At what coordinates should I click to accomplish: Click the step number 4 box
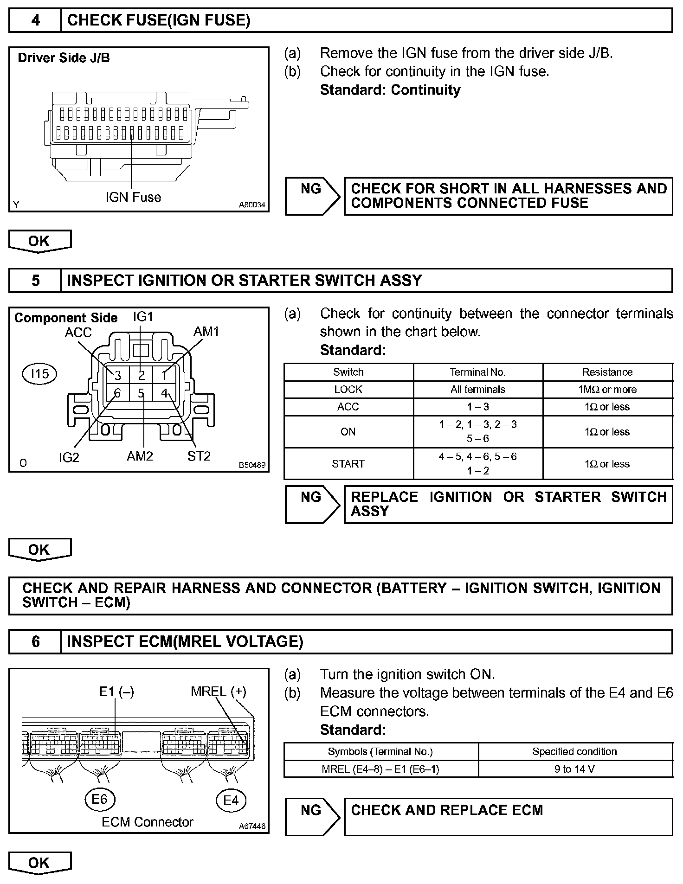pos(35,20)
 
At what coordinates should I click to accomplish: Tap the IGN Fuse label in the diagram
pos(133,197)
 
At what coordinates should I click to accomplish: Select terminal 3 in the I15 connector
pos(118,375)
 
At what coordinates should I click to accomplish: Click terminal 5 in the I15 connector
pos(141,394)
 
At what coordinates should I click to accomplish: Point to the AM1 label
pos(206,332)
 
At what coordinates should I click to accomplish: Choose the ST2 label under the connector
pos(199,456)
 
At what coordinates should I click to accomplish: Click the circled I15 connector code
pos(39,373)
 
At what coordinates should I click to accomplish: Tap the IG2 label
pos(69,458)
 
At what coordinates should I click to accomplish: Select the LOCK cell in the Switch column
pos(348,390)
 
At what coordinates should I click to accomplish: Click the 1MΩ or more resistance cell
pos(607,390)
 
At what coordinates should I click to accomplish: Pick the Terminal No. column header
pos(477,372)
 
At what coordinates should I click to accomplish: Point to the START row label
pos(348,464)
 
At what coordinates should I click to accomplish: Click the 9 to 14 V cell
pos(574,769)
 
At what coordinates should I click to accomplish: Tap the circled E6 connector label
pos(99,799)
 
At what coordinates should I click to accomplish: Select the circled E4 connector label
pos(231,800)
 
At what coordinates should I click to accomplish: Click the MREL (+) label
pos(218,692)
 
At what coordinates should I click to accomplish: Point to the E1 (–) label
pos(116,692)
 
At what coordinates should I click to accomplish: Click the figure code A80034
pos(252,205)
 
